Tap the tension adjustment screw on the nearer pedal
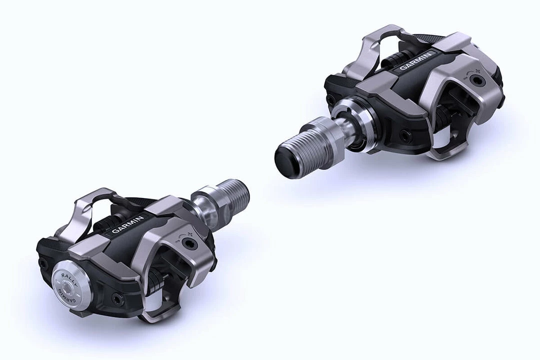click(188, 243)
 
